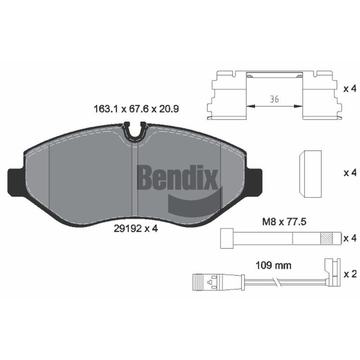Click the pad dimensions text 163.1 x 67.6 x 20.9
click(x=136, y=109)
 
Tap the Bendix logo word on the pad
click(x=177, y=177)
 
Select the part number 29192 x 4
click(x=136, y=229)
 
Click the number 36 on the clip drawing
click(x=274, y=99)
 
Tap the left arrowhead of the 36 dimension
click(x=251, y=106)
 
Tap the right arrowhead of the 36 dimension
click(x=298, y=106)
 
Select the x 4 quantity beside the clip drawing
click(x=350, y=89)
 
